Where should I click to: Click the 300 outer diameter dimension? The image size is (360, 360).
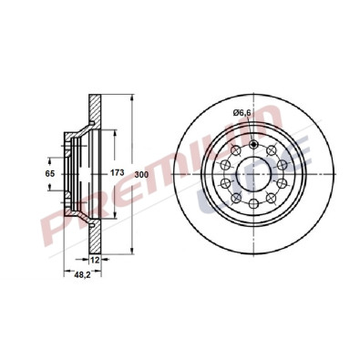140,173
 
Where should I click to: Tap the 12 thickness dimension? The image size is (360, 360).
94,261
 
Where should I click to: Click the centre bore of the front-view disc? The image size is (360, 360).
252,170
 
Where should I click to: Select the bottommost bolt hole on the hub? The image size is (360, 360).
253,205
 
